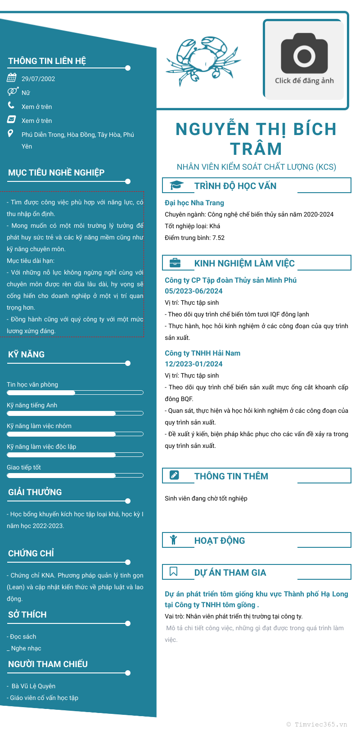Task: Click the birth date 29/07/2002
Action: point(38,79)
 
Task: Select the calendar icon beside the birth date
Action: point(12,78)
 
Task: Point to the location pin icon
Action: point(11,134)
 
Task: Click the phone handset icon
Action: point(11,105)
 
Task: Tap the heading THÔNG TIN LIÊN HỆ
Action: point(47,61)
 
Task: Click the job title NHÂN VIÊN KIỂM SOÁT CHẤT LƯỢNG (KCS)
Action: point(256,167)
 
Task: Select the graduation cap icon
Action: point(176,185)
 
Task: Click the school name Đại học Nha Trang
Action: point(194,203)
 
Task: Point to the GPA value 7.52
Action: point(218,238)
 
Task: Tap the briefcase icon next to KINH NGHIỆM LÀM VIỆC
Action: point(175,263)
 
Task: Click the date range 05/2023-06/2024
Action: point(193,291)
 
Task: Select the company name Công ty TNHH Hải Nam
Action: point(202,353)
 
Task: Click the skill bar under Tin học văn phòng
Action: point(75,393)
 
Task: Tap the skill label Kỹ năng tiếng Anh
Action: point(32,405)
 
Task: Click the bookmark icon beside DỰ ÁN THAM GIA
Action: point(174,572)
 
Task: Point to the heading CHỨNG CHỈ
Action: point(31,553)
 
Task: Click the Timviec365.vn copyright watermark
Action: point(317,724)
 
